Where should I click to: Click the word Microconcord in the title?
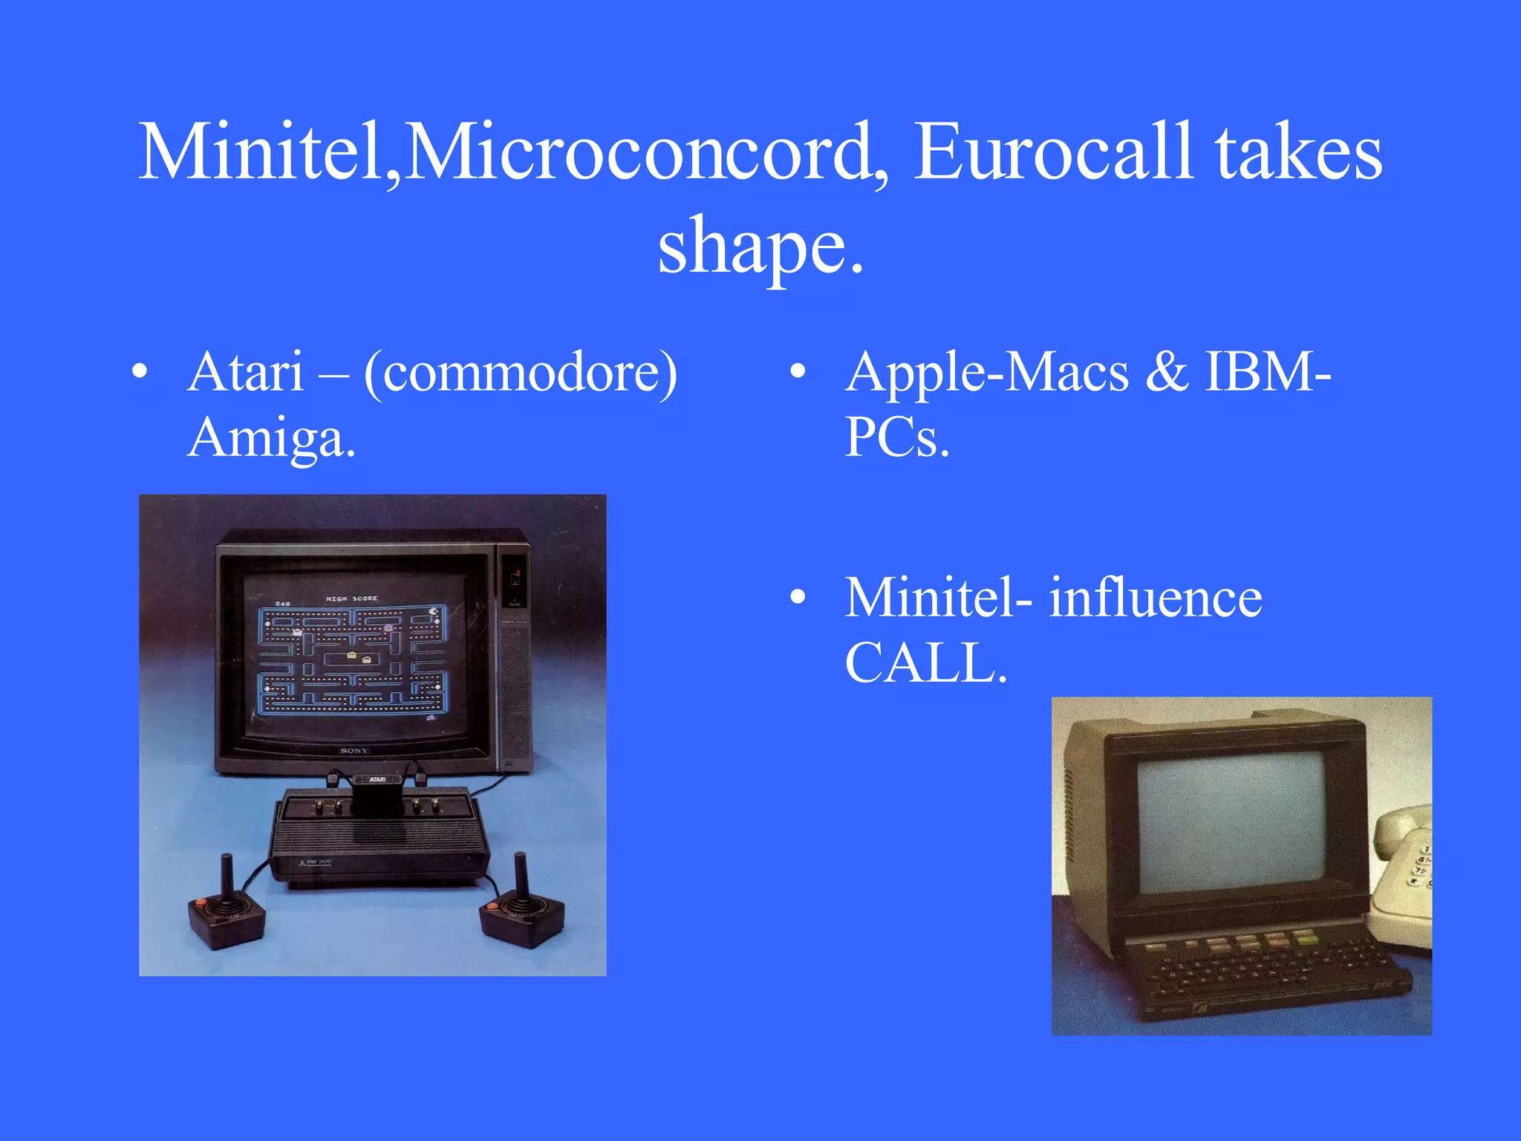coord(639,152)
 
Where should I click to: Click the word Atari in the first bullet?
coord(246,371)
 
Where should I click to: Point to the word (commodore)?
coord(520,373)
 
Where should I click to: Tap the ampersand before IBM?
coord(1166,371)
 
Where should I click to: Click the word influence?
coord(1155,597)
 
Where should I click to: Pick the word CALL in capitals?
coord(925,663)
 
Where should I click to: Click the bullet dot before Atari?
coord(139,371)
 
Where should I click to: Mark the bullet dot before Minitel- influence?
coord(798,597)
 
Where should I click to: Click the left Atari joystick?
coord(227,910)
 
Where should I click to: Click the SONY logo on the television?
coord(354,750)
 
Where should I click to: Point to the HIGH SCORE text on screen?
coord(351,598)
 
